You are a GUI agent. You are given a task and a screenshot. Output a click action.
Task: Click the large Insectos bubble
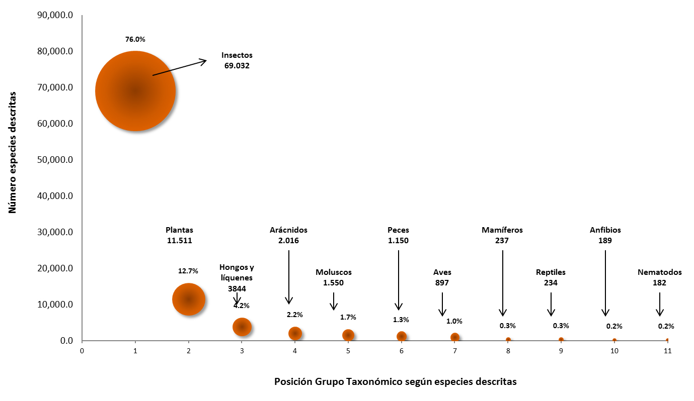(x=135, y=91)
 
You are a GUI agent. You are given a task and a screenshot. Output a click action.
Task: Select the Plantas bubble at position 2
(x=189, y=299)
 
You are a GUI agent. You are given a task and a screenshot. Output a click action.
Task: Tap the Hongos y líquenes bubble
(x=242, y=327)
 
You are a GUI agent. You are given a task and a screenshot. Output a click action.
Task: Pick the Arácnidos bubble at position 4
(x=295, y=333)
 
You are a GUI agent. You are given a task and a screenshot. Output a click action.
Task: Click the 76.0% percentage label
(x=135, y=39)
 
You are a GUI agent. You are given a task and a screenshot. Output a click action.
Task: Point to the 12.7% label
(x=188, y=271)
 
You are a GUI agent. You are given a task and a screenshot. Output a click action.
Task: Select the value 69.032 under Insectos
(x=237, y=66)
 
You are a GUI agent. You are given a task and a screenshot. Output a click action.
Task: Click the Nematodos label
(x=659, y=272)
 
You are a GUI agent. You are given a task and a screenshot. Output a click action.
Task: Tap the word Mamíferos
(x=502, y=230)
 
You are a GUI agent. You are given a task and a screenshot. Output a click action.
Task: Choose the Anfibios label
(x=605, y=230)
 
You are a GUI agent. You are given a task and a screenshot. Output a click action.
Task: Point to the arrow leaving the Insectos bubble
(x=180, y=68)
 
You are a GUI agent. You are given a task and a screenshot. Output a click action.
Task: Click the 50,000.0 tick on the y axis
(x=56, y=160)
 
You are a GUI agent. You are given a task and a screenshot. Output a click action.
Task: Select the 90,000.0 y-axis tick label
(x=56, y=15)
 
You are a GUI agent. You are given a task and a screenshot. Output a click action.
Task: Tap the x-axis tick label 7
(x=455, y=351)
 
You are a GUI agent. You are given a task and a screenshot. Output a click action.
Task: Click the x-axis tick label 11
(x=667, y=351)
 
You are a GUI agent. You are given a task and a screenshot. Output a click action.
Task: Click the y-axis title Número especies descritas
(x=13, y=152)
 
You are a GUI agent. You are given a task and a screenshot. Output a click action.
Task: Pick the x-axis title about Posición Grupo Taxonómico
(x=395, y=381)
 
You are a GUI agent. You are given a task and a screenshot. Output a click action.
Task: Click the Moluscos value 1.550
(x=334, y=283)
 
